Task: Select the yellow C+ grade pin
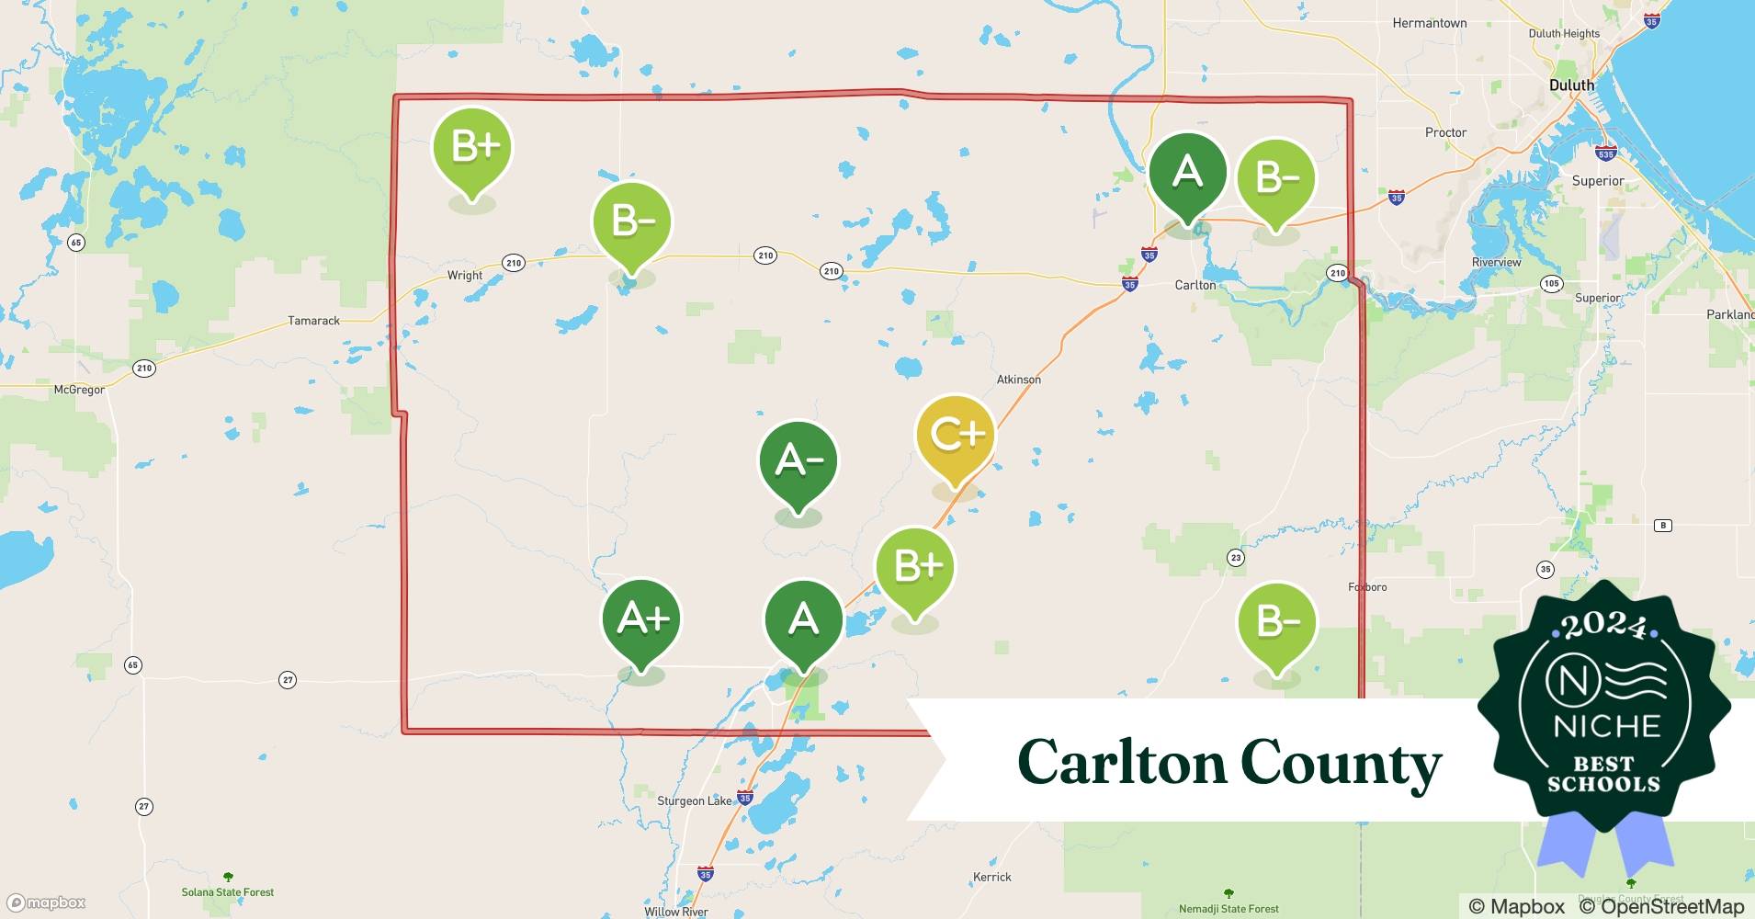[x=956, y=435]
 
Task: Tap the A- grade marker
[x=798, y=460]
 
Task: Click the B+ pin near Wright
[x=472, y=147]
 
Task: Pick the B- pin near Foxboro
[x=1276, y=623]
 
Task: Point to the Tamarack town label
[x=313, y=321]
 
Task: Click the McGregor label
[x=79, y=390]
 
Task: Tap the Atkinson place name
[x=1019, y=380]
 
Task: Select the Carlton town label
[x=1195, y=285]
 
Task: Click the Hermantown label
[x=1429, y=23]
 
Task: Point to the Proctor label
[x=1445, y=132]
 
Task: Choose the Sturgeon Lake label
[x=694, y=800]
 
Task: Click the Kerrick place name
[x=991, y=877]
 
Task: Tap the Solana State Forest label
[x=228, y=891]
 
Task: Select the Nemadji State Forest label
[x=1228, y=909]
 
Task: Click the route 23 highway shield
[x=1236, y=558]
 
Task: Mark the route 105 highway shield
[x=1552, y=283]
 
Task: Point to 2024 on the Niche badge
[x=1603, y=627]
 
